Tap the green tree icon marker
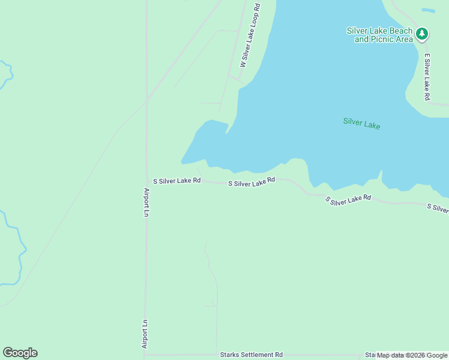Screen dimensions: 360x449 423,34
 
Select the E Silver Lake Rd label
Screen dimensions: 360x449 427,77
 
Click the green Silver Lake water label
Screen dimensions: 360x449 361,123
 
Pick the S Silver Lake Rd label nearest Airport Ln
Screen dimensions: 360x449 176,180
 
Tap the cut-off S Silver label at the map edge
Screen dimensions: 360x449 438,208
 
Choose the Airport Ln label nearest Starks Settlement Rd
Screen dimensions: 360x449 145,334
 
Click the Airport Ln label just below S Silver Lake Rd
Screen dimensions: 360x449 146,203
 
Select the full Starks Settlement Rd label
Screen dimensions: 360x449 251,355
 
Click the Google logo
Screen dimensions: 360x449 20,353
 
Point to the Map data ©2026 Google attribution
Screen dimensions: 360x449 412,355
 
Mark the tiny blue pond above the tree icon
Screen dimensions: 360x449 428,10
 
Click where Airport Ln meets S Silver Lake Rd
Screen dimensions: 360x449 146,180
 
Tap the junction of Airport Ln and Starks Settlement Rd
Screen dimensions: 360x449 145,355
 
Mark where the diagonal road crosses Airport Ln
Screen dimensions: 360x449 146,100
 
